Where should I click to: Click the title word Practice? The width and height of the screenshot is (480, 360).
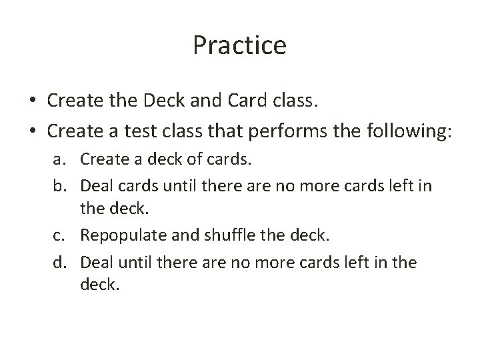click(239, 46)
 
